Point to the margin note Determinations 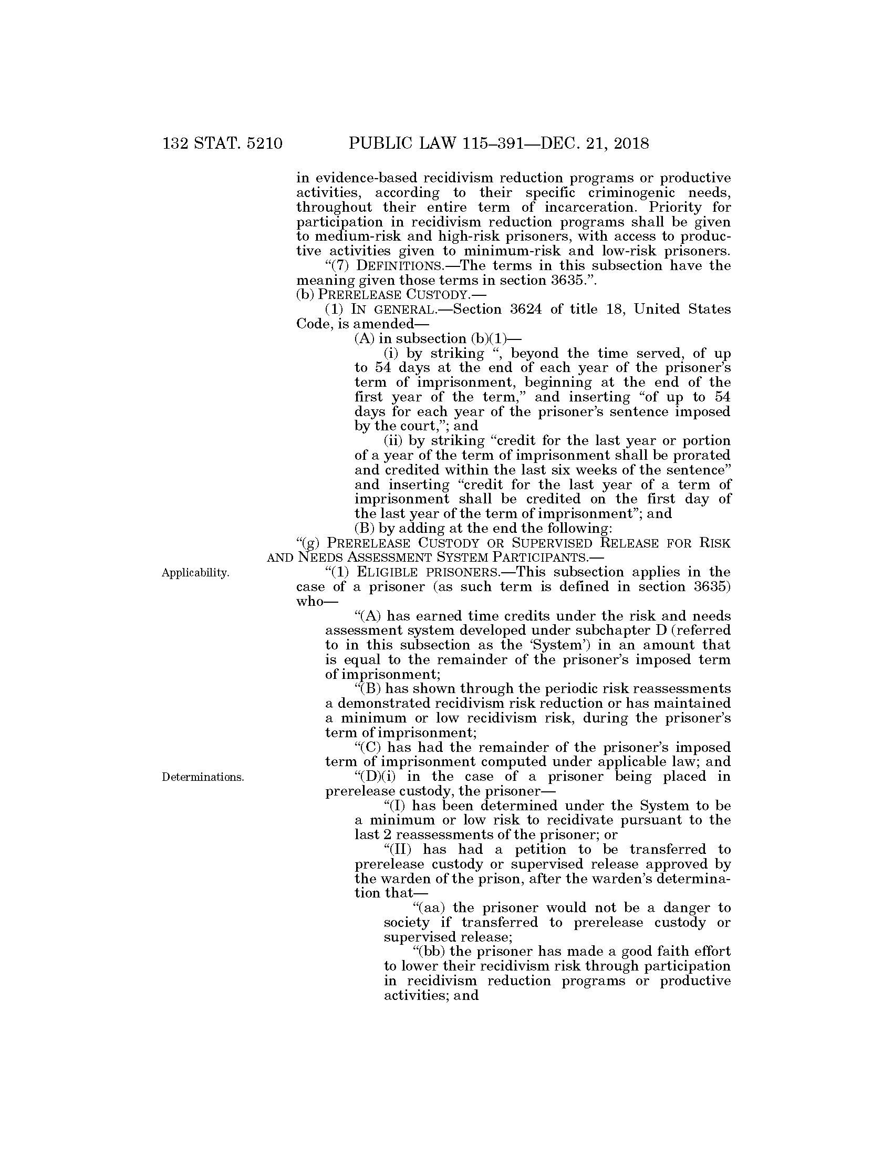click(x=203, y=777)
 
